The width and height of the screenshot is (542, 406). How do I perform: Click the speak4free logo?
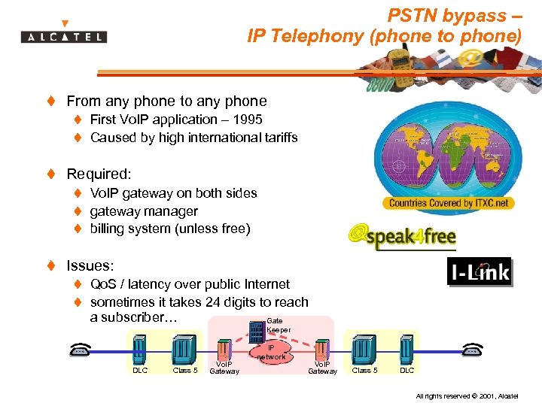pyautogui.click(x=402, y=237)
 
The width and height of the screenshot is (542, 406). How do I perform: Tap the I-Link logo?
pyautogui.click(x=479, y=272)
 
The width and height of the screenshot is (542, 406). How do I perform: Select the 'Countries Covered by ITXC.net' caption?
pyautogui.click(x=449, y=203)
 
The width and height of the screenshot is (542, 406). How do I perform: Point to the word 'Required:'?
pyautogui.click(x=99, y=174)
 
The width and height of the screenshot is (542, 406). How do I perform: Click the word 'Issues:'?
pyautogui.click(x=90, y=265)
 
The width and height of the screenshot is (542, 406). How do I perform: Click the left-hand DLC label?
pyautogui.click(x=140, y=370)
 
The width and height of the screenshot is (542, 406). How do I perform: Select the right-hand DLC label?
pyautogui.click(x=406, y=370)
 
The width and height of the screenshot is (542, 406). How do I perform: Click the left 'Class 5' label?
pyautogui.click(x=185, y=370)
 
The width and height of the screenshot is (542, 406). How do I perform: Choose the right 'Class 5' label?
pyautogui.click(x=365, y=370)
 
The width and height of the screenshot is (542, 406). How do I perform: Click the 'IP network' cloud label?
pyautogui.click(x=271, y=353)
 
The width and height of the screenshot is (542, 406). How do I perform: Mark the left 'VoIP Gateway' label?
pyautogui.click(x=224, y=368)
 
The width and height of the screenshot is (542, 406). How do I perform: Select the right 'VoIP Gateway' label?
pyautogui.click(x=323, y=368)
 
